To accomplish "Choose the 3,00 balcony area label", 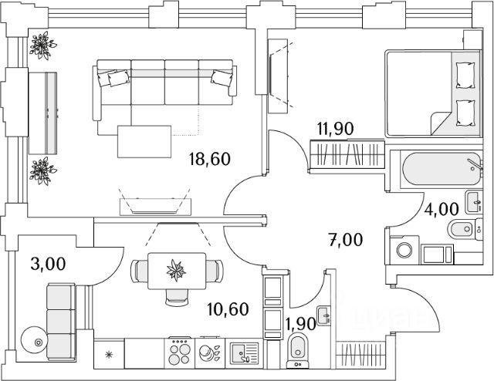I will click(46, 264).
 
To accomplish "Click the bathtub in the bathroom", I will click(432, 167).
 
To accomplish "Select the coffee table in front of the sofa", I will click(145, 140).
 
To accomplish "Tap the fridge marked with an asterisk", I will click(108, 355).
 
